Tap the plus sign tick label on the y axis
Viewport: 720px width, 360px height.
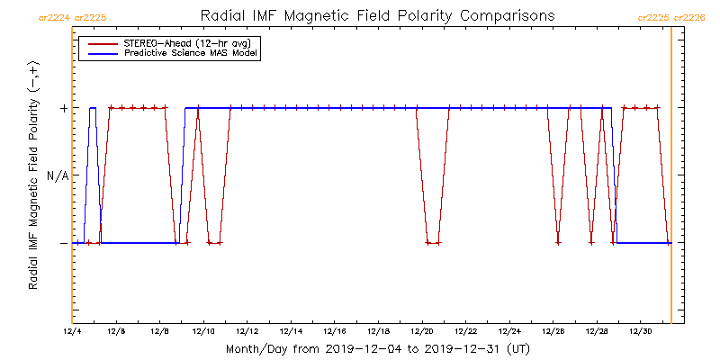point(63,108)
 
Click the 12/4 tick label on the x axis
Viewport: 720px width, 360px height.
point(72,331)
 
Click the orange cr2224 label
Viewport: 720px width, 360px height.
point(54,17)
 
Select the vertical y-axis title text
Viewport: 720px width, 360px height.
point(33,175)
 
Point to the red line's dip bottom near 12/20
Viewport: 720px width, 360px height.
point(432,243)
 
